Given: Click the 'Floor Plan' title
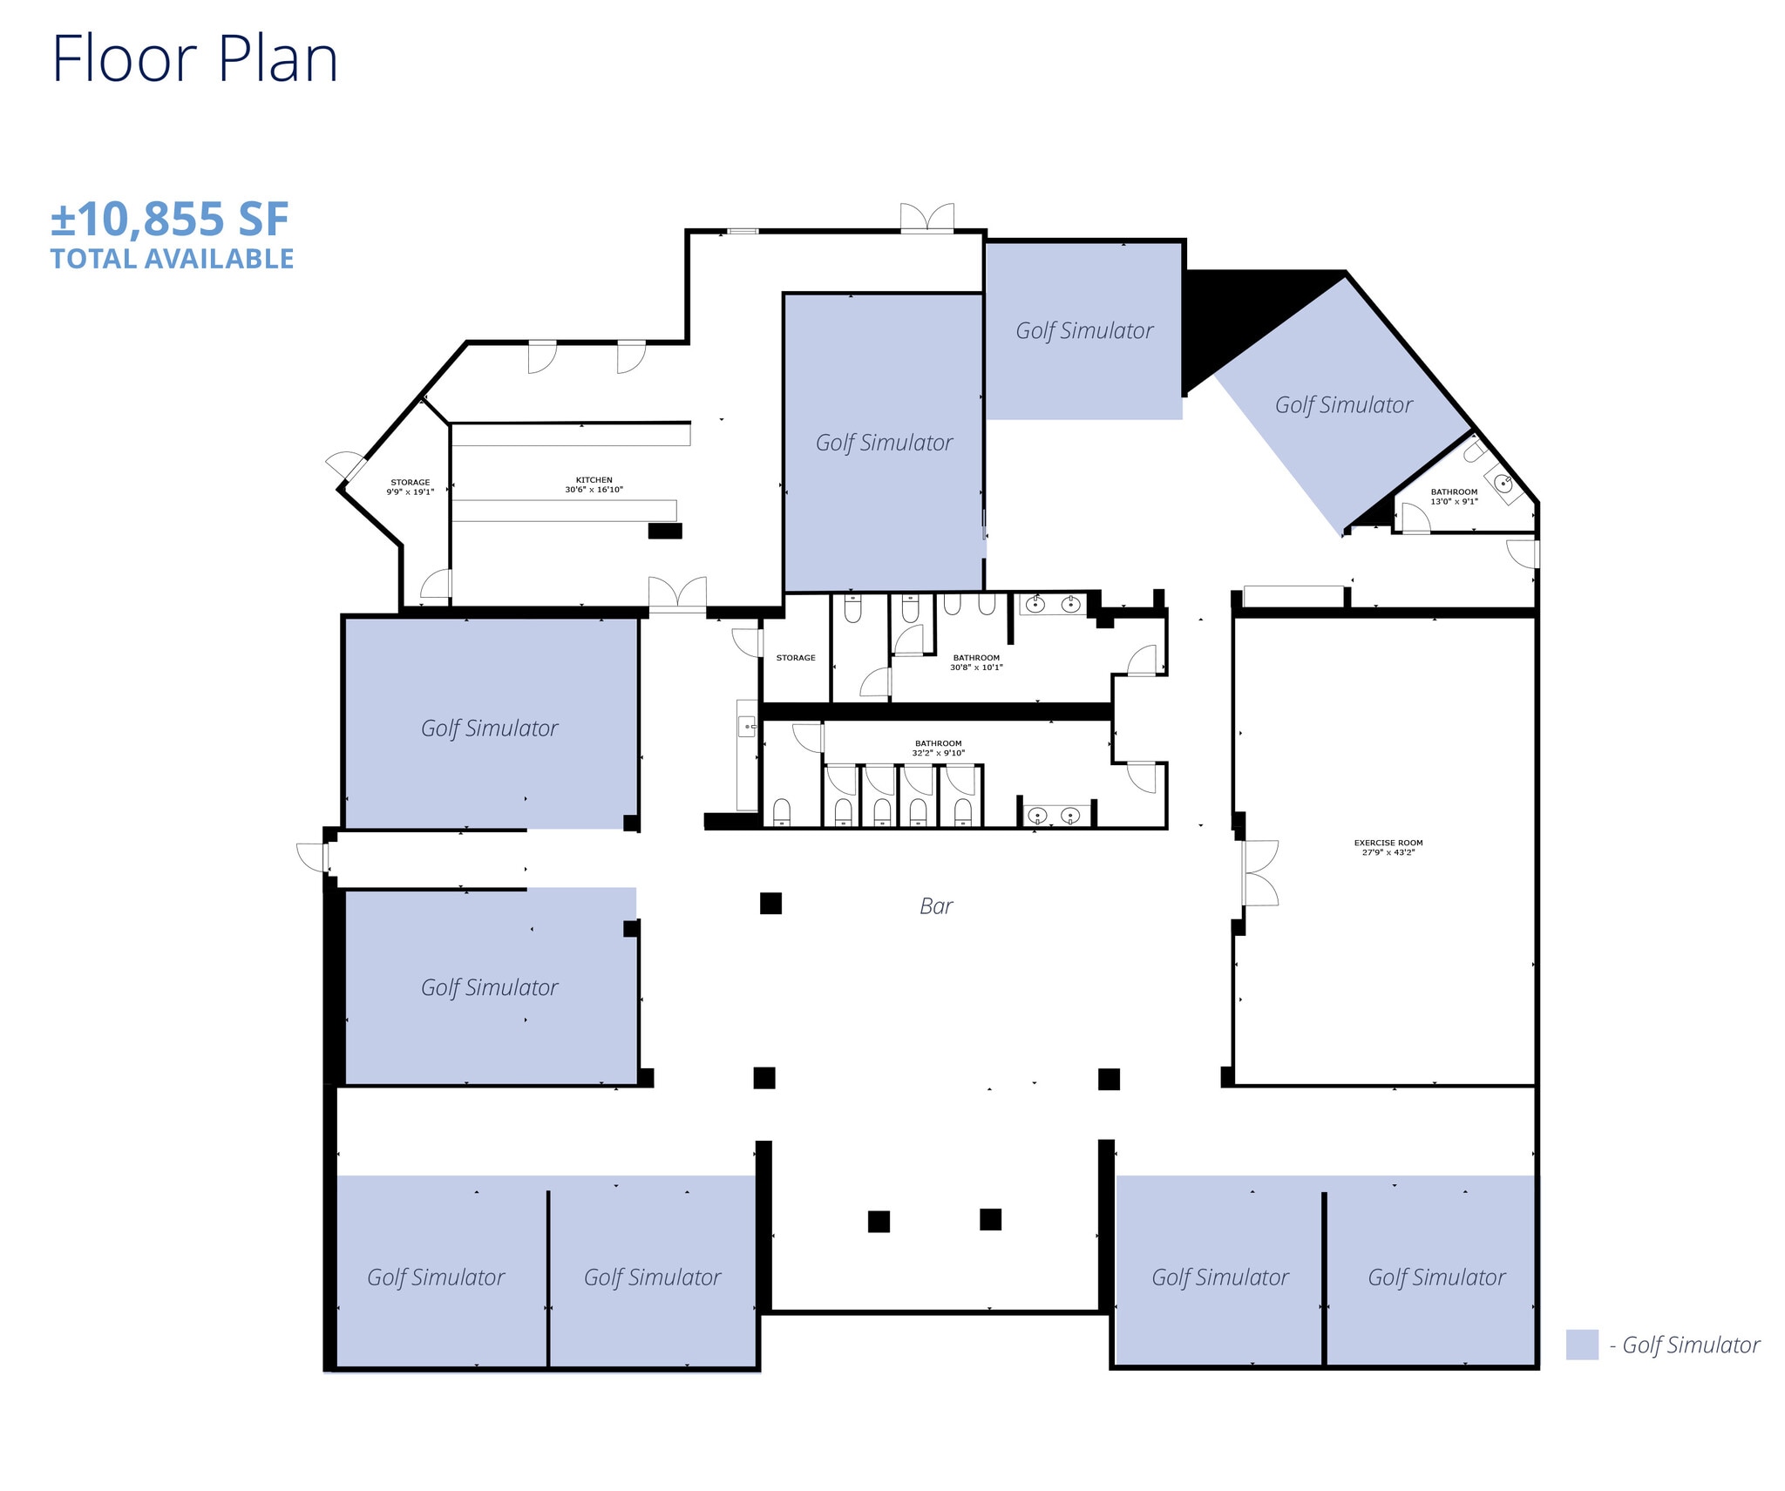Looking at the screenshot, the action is [195, 59].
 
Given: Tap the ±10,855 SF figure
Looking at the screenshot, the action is [170, 219].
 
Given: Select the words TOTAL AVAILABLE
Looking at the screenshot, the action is [173, 259].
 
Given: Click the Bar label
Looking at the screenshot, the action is [936, 906].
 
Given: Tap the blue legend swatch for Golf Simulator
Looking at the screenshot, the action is [1582, 1345].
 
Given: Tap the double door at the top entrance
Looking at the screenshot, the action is [927, 217].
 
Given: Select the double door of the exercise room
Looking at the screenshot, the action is [1259, 872].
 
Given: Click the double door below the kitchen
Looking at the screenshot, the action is [677, 593].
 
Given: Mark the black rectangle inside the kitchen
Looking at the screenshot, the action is [665, 531].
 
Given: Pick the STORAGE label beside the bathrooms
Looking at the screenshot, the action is [796, 658].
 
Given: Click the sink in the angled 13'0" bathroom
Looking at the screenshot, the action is [1502, 483].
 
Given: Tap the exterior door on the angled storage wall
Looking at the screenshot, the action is [345, 466].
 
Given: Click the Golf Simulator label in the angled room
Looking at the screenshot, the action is [1343, 404].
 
